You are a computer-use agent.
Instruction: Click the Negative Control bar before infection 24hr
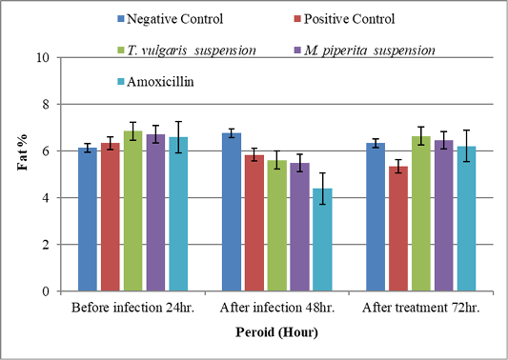(88, 219)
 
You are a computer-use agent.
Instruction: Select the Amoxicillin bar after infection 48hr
(322, 240)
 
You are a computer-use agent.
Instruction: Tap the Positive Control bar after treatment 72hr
(398, 229)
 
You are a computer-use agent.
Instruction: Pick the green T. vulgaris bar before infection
(132, 210)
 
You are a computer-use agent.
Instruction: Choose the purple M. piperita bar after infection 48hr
(299, 227)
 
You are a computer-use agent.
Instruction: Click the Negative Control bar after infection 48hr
(232, 211)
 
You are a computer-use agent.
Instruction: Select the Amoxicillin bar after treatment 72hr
(466, 218)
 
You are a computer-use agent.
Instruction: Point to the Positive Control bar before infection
(111, 217)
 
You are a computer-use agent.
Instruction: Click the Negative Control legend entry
(171, 19)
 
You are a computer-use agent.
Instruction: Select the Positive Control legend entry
(345, 19)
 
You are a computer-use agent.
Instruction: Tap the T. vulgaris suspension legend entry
(187, 50)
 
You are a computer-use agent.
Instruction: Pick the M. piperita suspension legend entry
(365, 50)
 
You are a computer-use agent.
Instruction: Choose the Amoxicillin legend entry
(156, 81)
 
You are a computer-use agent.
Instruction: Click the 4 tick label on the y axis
(46, 198)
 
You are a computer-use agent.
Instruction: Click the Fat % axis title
(22, 152)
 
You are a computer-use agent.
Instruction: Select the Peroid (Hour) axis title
(276, 332)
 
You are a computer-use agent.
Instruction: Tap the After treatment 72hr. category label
(421, 308)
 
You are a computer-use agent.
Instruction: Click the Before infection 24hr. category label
(132, 308)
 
